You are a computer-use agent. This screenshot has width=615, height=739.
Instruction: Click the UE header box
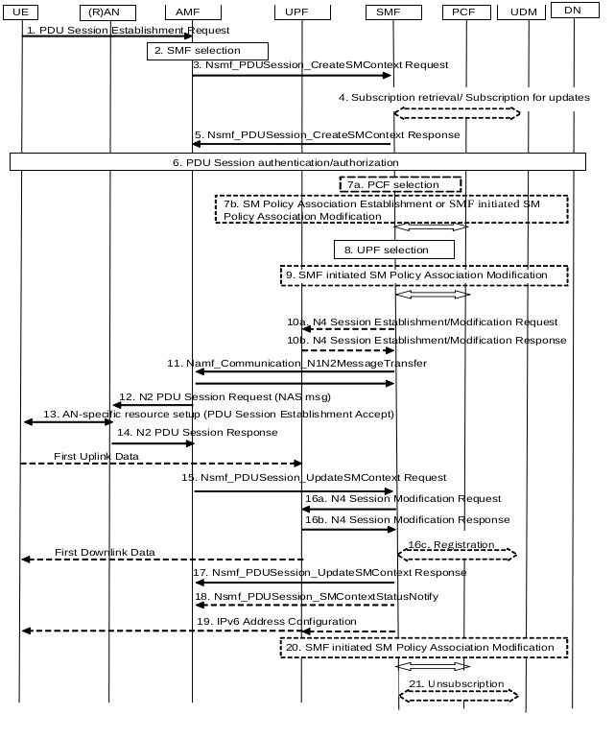click(20, 12)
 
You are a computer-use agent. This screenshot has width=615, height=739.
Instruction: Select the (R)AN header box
click(103, 12)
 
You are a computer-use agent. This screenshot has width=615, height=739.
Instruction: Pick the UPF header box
click(298, 12)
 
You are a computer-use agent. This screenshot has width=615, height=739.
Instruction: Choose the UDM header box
click(522, 12)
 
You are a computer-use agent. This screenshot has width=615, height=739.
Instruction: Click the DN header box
click(574, 11)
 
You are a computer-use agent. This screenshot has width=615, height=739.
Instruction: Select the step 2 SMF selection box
click(207, 50)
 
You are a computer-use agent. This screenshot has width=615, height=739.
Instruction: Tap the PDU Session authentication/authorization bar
click(297, 162)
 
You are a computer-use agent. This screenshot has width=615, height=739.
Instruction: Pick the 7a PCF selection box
click(400, 184)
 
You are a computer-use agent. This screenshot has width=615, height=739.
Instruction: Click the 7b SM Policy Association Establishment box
click(391, 209)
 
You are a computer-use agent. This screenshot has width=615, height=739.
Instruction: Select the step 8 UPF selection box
click(393, 250)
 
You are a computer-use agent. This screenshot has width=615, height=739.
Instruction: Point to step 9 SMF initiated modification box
click(424, 275)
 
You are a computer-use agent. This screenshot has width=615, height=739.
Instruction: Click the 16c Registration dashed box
click(457, 544)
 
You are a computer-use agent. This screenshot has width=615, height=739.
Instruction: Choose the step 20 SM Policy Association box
click(424, 648)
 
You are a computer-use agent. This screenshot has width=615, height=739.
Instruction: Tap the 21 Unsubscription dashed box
click(461, 683)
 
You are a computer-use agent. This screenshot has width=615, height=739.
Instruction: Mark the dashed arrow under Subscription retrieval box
click(459, 113)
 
